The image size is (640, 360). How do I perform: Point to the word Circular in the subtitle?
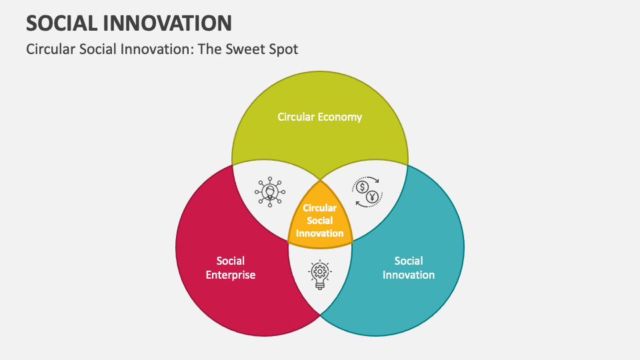point(49,49)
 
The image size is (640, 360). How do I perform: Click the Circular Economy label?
point(320,117)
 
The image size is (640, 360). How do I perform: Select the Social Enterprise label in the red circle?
point(231,267)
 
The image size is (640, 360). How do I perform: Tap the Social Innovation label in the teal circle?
point(408,267)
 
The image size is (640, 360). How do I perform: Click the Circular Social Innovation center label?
point(320,221)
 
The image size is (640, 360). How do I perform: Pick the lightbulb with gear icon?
point(320,274)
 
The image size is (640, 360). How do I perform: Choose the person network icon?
point(270,191)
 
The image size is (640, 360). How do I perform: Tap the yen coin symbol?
point(373,197)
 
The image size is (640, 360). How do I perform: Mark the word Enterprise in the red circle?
point(231,275)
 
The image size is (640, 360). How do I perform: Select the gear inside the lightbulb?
point(320,270)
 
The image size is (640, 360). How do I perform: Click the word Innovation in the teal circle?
point(408,275)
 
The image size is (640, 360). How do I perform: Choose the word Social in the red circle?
point(231,261)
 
